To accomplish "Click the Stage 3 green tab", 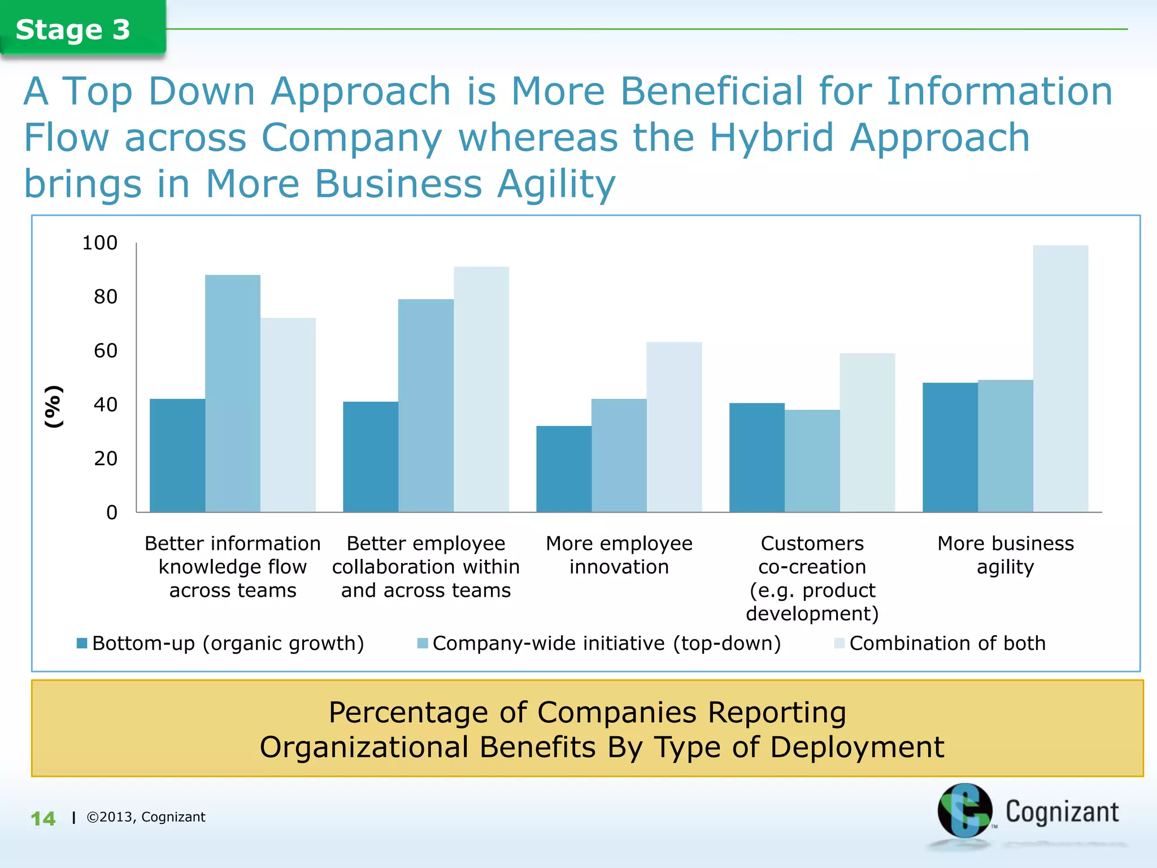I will pos(73,29).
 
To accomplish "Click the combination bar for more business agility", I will pos(1060,379).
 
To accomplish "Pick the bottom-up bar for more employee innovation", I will pos(563,469).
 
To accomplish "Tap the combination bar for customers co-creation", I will pos(867,433).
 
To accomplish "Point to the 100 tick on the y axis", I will pos(100,243).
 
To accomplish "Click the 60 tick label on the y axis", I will pos(106,351).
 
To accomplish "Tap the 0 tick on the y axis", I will pos(112,513).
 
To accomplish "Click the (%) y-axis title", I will pos(54,406).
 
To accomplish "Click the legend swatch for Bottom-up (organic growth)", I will pos(82,643).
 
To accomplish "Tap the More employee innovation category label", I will pos(619,555).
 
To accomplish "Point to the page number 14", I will pos(43,819).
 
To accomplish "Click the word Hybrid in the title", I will pos(772,138).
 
